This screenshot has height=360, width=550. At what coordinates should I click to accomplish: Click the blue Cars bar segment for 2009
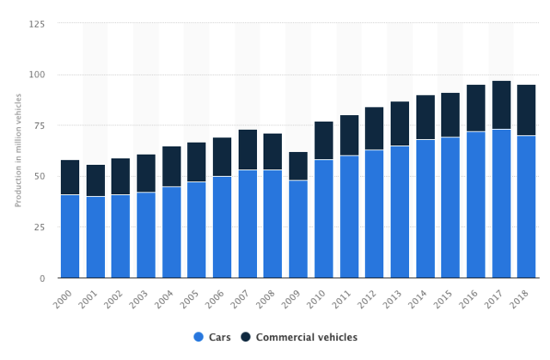coord(298,229)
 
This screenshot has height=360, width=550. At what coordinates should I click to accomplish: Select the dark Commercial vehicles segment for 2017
coord(501,105)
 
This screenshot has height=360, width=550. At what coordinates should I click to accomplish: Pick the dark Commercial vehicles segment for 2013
coord(400,124)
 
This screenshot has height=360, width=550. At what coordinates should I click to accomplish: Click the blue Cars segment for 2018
coord(527,206)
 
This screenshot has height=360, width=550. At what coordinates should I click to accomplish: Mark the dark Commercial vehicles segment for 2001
coord(95,180)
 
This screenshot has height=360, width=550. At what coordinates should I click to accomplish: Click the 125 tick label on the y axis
coord(37,24)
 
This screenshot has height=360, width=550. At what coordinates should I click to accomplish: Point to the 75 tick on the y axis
coord(40,125)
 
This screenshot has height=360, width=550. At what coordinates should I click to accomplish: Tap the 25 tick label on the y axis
coord(40,228)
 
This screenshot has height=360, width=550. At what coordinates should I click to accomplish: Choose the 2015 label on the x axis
coord(447,300)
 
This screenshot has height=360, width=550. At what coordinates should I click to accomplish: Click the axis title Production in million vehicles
coord(17,150)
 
